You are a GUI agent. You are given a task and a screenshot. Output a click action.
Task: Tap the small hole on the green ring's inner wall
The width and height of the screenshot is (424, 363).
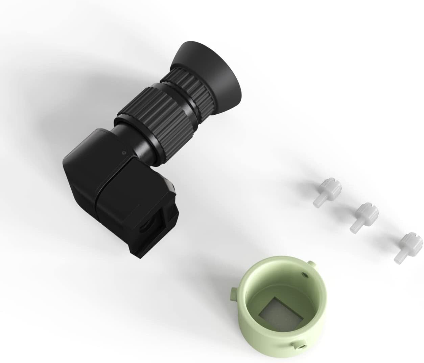tap(306, 275)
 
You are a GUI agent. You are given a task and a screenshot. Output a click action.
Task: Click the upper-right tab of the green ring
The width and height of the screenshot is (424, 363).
tap(311, 263)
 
